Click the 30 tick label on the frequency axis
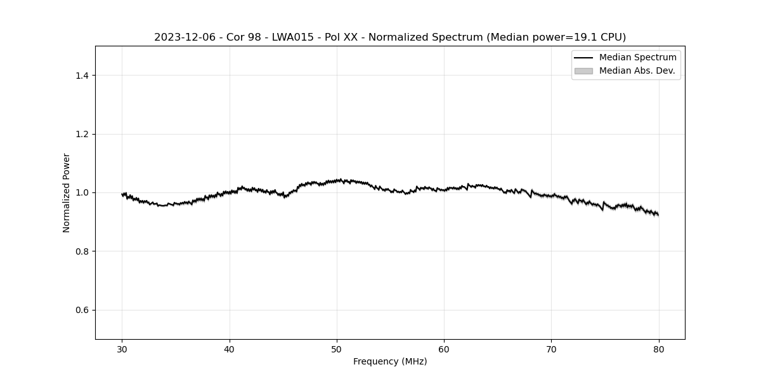[x=122, y=349]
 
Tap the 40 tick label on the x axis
[x=230, y=349]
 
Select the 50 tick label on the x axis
[x=337, y=349]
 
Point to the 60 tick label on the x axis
[x=444, y=349]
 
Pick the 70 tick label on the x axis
[x=552, y=349]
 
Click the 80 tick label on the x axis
[x=659, y=349]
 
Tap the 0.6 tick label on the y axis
[x=81, y=310]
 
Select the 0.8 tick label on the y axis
[x=81, y=251]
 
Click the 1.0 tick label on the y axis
[x=81, y=192]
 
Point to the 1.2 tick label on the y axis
[x=81, y=134]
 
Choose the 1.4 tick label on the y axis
[x=81, y=76]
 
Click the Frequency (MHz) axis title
[x=390, y=361]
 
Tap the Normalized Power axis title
[x=67, y=192]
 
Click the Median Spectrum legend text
[x=637, y=58]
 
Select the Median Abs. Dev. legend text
[x=637, y=71]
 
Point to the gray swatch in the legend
[x=583, y=71]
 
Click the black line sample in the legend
[x=583, y=58]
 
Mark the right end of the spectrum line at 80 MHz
[x=658, y=215]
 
